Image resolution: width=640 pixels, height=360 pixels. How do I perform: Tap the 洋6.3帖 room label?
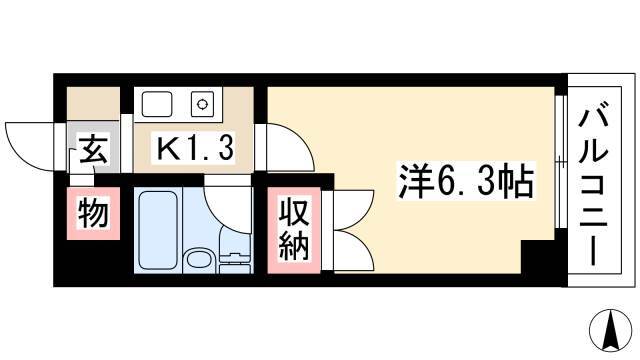466,180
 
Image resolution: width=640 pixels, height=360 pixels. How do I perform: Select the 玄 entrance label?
94,149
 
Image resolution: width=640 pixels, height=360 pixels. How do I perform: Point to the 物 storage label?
93,213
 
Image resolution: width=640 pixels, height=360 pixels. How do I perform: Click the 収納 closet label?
293,230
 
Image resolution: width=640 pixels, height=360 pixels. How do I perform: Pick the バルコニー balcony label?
593,184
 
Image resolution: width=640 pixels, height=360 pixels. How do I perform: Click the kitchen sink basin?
156,104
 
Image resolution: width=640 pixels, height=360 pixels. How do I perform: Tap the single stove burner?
202,104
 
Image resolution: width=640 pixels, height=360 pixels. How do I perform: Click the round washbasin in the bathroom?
198,261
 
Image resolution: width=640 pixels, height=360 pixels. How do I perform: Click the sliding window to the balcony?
561,162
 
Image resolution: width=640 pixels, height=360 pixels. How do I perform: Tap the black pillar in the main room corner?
538,257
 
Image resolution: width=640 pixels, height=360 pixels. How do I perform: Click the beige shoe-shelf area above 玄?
93,104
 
